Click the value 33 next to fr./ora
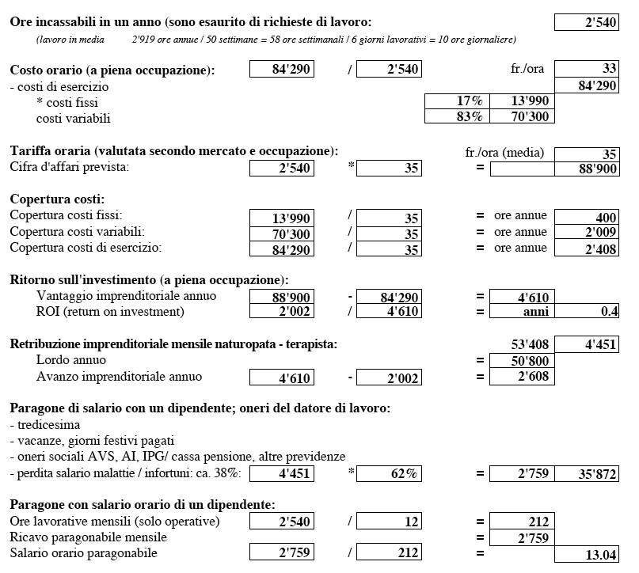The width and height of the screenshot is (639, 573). (x=587, y=70)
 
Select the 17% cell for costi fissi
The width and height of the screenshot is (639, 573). (x=457, y=101)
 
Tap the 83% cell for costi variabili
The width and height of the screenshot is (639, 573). (x=457, y=117)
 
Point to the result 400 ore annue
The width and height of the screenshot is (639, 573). (x=587, y=217)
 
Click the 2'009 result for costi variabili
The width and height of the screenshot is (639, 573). (x=587, y=233)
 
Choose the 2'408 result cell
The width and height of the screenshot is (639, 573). (x=587, y=249)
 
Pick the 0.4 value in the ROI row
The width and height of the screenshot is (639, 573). (x=587, y=312)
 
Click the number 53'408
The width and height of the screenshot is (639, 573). (x=523, y=345)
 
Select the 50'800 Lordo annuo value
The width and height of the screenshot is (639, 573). (x=523, y=361)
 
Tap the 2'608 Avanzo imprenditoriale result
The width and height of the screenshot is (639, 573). (x=523, y=377)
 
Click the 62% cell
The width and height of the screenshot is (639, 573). (x=389, y=474)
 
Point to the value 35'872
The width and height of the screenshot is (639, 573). (x=587, y=474)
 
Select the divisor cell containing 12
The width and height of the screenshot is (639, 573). (x=389, y=522)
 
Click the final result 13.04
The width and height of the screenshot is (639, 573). (x=587, y=555)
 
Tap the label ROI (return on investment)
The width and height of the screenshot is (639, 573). (x=110, y=312)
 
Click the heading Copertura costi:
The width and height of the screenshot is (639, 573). (x=57, y=199)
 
